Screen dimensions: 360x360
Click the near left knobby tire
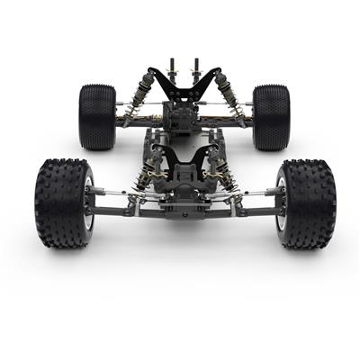(61, 202)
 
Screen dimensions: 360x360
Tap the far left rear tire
(97, 117)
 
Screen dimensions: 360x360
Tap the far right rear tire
(270, 117)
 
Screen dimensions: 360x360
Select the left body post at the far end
(173, 68)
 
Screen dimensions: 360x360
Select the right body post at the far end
(196, 68)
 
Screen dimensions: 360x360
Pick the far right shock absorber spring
(228, 94)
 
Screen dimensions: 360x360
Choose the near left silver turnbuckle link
(112, 192)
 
